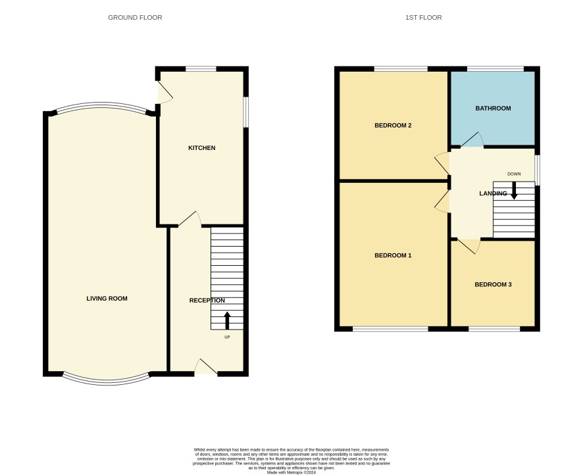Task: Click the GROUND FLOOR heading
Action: click(135, 18)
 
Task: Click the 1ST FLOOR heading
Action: click(424, 18)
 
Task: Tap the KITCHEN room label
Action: click(202, 148)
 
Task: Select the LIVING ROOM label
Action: click(107, 299)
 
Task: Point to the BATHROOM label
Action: click(493, 109)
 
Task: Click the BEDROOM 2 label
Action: click(393, 126)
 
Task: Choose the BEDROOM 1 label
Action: click(393, 256)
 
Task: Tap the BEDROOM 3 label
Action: click(493, 285)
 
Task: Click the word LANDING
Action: click(493, 193)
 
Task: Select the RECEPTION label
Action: click(207, 301)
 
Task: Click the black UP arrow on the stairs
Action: click(227, 320)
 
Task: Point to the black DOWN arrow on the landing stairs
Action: click(514, 191)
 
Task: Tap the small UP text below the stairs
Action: click(227, 337)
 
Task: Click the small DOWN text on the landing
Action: click(514, 174)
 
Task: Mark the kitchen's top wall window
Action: click(201, 69)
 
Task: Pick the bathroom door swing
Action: click(472, 139)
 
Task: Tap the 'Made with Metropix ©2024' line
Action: click(291, 473)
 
